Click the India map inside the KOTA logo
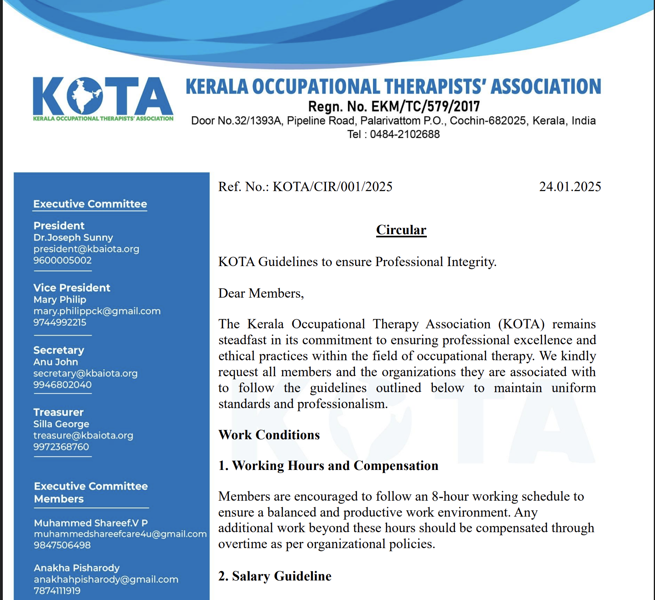tap(85, 96)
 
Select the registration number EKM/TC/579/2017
tap(425, 107)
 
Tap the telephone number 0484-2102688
tap(404, 134)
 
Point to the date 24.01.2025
tap(570, 187)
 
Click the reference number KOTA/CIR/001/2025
tap(332, 187)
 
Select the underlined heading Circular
tap(401, 230)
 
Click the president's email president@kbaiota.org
tap(86, 249)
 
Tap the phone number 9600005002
tap(62, 260)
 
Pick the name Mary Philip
tap(60, 299)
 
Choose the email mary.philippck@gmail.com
tap(97, 311)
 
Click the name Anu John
tap(55, 362)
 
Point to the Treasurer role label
tap(58, 412)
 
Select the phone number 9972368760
tap(61, 447)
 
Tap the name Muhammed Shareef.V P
tap(91, 523)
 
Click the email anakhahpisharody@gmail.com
tap(106, 579)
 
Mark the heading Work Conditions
tap(269, 435)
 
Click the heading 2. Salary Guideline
tap(274, 576)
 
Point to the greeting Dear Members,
tap(261, 293)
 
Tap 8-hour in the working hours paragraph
tap(448, 496)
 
